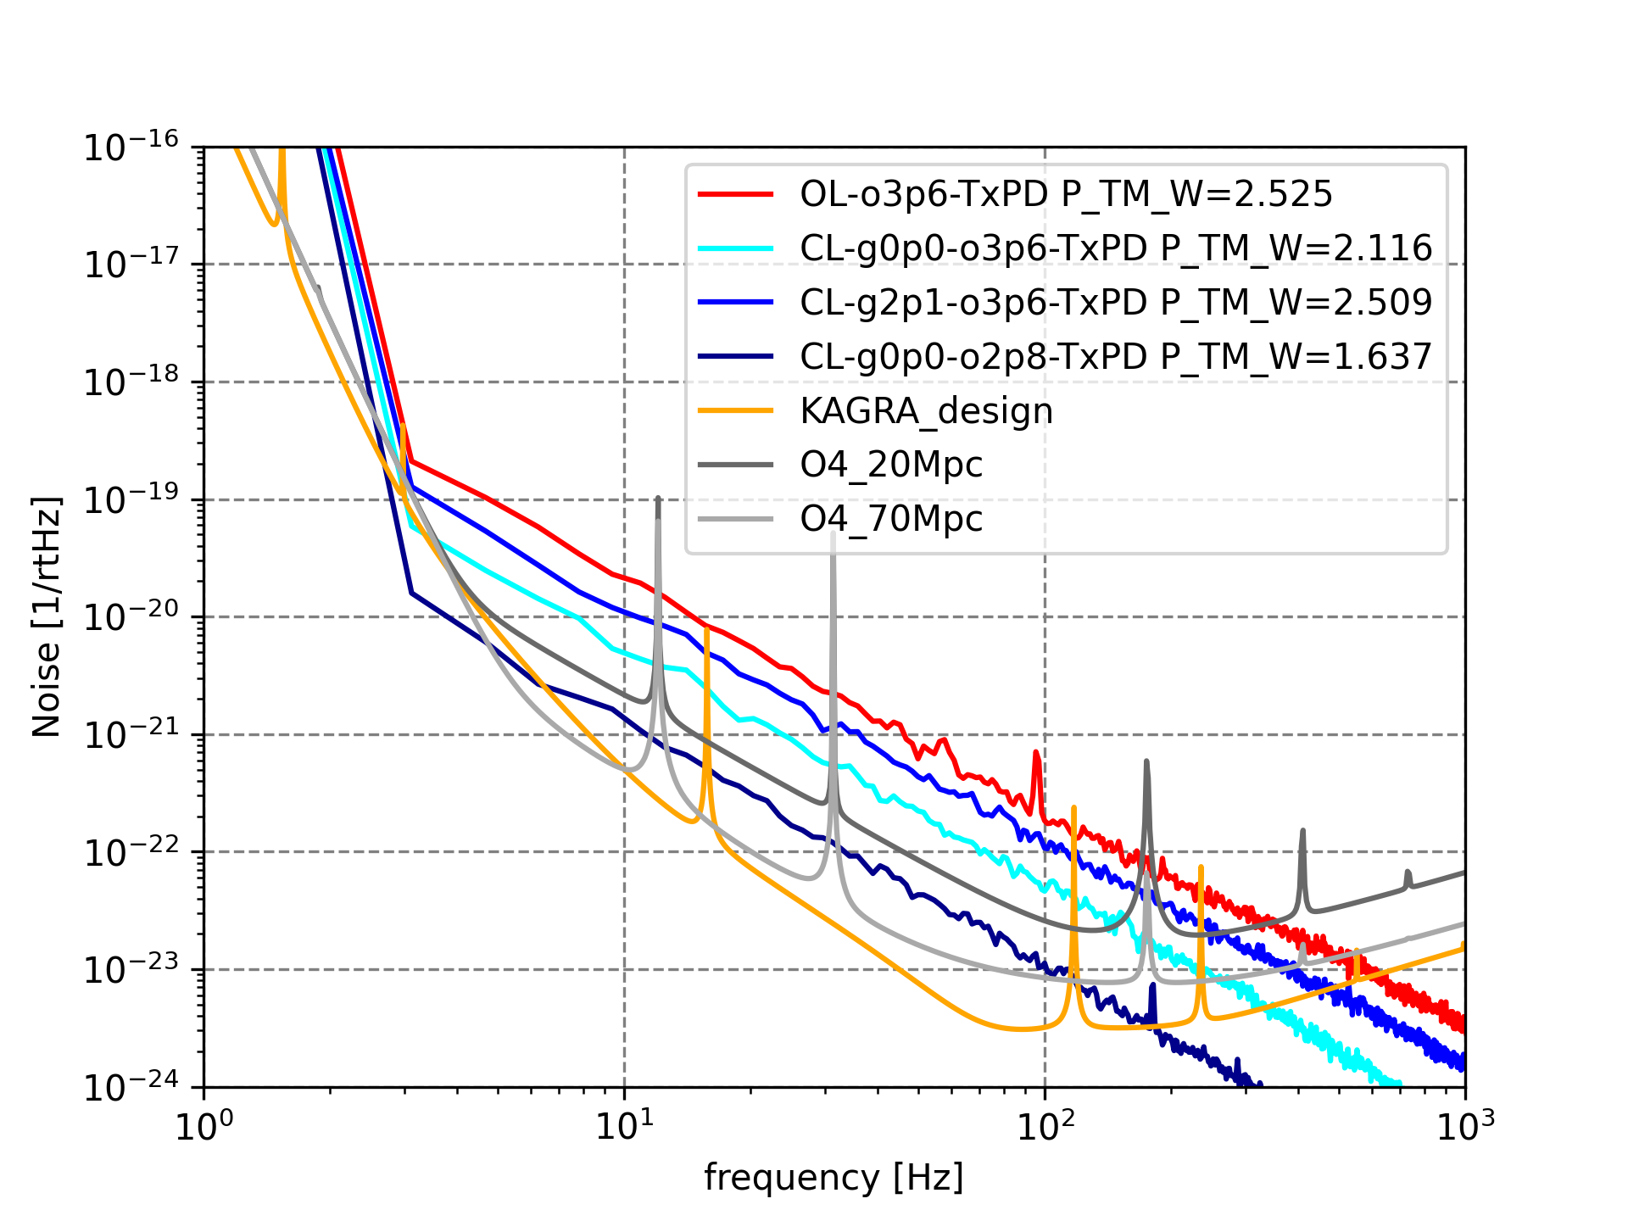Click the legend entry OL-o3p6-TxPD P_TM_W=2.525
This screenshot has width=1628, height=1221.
(1066, 194)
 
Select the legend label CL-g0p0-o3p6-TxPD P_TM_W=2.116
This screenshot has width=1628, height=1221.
(1116, 248)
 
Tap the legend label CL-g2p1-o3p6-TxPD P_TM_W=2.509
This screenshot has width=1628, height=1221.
(1116, 303)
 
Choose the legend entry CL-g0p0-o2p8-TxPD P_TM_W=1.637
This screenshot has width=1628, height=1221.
(1116, 357)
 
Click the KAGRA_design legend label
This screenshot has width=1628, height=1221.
(926, 411)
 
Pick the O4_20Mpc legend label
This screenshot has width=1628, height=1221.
(891, 465)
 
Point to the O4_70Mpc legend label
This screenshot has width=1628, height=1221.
(891, 519)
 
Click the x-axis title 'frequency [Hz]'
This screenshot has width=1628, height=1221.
(834, 1178)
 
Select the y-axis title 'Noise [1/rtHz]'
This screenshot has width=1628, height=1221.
(47, 616)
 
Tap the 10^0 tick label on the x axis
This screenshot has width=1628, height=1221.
(204, 1127)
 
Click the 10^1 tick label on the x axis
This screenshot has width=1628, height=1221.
(624, 1127)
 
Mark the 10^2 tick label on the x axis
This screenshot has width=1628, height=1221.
(1045, 1127)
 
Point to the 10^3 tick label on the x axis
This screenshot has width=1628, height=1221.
(1465, 1127)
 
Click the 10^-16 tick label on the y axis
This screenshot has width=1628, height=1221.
(131, 148)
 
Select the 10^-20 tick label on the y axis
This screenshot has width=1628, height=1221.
(131, 617)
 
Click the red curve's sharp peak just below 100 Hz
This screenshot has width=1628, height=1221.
(1035, 752)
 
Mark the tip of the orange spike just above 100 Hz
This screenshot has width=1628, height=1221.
(1073, 807)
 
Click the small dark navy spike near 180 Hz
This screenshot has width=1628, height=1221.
(1151, 986)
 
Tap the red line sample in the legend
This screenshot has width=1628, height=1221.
(735, 195)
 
